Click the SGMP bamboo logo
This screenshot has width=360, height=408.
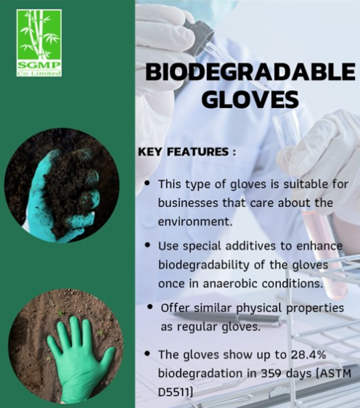click(x=39, y=43)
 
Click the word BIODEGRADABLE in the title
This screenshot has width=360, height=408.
click(x=250, y=72)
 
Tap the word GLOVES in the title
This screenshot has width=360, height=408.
click(x=250, y=99)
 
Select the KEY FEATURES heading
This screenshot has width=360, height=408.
click(x=187, y=152)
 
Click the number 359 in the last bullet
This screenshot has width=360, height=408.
click(x=271, y=373)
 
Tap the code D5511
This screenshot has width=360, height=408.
click(x=174, y=392)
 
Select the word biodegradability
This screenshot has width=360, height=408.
click(x=204, y=265)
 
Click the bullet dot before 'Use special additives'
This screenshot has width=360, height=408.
click(x=148, y=245)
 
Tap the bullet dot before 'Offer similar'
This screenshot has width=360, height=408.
click(x=150, y=306)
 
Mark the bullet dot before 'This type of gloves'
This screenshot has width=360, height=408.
click(x=148, y=183)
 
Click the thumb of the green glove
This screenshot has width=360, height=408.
click(x=107, y=357)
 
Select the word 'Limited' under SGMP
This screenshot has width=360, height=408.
click(x=48, y=73)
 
